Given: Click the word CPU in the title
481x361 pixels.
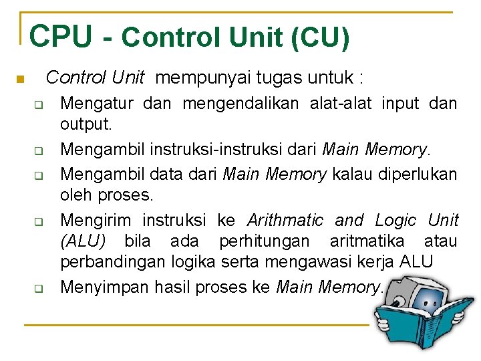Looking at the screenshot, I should [61, 37].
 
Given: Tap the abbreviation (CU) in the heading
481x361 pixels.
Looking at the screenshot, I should [320, 37].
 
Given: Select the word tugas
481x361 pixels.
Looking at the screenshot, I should [275, 78].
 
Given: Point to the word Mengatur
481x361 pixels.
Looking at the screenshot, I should [97, 104].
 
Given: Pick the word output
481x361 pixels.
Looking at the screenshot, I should [86, 124].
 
